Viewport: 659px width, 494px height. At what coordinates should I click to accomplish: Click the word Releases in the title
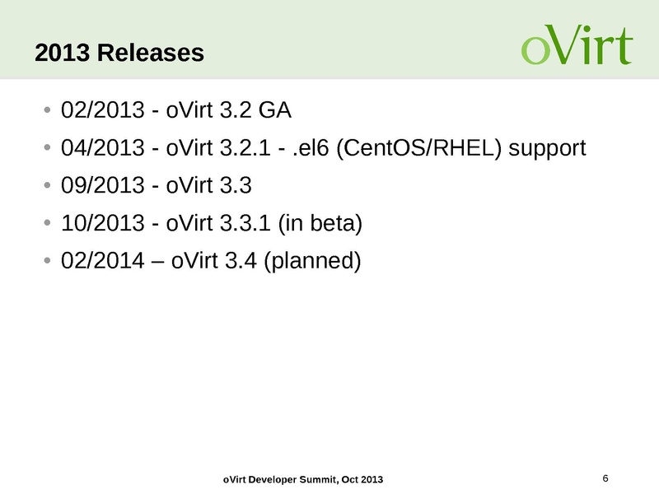(150, 54)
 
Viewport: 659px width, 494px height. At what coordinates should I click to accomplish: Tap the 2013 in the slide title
(63, 54)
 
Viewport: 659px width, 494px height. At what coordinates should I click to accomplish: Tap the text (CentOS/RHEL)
(422, 148)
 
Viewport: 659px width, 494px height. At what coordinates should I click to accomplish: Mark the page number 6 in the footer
(605, 478)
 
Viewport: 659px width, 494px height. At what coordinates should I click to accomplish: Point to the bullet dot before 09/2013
(49, 186)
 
